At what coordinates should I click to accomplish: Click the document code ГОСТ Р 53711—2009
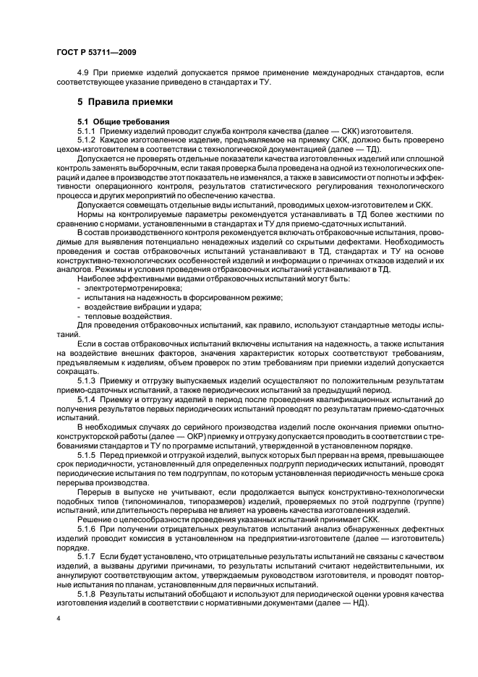(96, 52)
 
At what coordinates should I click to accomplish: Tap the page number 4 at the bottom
(57, 619)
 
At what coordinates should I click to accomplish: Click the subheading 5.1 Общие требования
(124, 120)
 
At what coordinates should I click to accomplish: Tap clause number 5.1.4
(87, 399)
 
